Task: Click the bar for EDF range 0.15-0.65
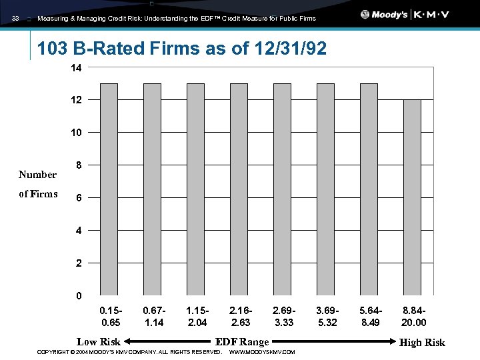click(x=109, y=189)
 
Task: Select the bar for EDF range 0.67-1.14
click(x=152, y=189)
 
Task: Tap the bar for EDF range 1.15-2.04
click(x=195, y=189)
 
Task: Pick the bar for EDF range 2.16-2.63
click(x=239, y=189)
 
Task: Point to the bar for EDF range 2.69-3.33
click(x=282, y=189)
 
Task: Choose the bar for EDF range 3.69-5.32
click(x=325, y=189)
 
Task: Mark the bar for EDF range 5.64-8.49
click(x=369, y=189)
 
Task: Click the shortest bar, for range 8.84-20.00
click(x=412, y=197)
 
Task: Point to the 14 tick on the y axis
click(x=77, y=68)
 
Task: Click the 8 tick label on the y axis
click(x=79, y=165)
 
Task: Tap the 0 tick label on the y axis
click(x=79, y=295)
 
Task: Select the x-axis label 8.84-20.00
click(x=414, y=317)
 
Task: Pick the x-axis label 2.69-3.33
click(x=283, y=317)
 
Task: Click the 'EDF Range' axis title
click(x=242, y=342)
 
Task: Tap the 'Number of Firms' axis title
click(x=38, y=185)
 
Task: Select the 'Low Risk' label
click(x=99, y=342)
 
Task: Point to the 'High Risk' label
click(x=422, y=342)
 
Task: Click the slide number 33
click(x=15, y=19)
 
